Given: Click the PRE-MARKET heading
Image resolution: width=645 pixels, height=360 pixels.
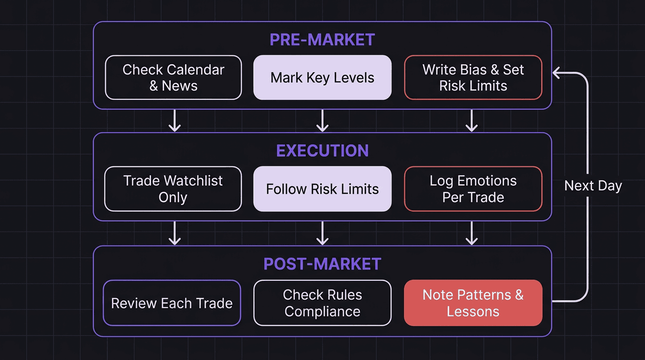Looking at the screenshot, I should point(322,40).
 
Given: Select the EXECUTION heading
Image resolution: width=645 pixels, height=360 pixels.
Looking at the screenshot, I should point(322,150).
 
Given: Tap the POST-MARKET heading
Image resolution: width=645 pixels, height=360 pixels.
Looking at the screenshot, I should point(322,264).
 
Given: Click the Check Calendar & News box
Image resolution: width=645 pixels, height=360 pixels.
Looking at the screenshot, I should point(173,77).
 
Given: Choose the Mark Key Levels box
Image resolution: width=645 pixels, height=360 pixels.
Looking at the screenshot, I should point(322,77).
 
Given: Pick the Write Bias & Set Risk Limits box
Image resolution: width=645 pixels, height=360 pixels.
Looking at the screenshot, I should point(473,77).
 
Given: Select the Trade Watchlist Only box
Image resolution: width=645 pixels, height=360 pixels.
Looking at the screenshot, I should point(173,189).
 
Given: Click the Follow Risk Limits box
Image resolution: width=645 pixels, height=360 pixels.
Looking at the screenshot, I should point(322,189).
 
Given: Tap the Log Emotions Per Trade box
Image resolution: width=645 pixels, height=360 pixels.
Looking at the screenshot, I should point(473,189).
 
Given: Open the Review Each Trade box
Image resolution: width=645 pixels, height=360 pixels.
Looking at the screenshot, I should point(172,303).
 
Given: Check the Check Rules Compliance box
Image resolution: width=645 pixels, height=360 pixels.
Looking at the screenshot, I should point(322,303).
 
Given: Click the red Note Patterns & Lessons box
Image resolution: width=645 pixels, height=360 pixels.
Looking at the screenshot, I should point(473,303).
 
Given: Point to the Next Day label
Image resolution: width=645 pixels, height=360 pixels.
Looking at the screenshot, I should point(593,186).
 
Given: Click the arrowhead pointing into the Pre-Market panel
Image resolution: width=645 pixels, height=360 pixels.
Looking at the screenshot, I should point(557,73).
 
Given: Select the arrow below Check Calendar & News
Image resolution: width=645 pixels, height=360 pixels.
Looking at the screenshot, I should point(174,121).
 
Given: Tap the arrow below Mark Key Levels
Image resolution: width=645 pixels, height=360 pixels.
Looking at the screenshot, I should point(322,121).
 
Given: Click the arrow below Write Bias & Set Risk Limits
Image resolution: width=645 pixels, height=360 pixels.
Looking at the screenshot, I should point(472,121).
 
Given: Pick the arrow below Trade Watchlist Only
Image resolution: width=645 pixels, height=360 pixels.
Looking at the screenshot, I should point(174,233).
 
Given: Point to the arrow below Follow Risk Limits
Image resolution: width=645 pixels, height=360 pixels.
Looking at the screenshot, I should point(322,233).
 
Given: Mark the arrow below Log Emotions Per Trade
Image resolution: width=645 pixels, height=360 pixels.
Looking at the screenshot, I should point(472,233).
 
